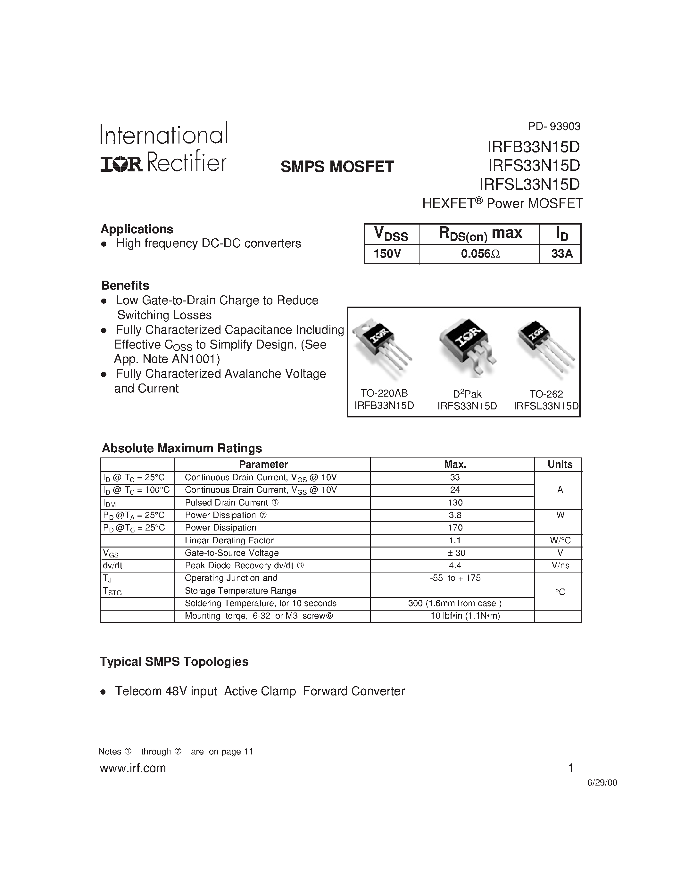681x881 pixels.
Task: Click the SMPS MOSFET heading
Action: point(337,167)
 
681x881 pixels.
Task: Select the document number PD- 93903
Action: point(554,127)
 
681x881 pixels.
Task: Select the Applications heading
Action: point(137,229)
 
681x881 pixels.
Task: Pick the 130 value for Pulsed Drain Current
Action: point(455,503)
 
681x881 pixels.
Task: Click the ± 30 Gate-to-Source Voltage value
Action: point(455,553)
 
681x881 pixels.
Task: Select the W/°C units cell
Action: point(560,540)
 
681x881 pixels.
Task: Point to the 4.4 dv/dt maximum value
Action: point(455,565)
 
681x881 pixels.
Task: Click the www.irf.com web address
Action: point(133,768)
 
